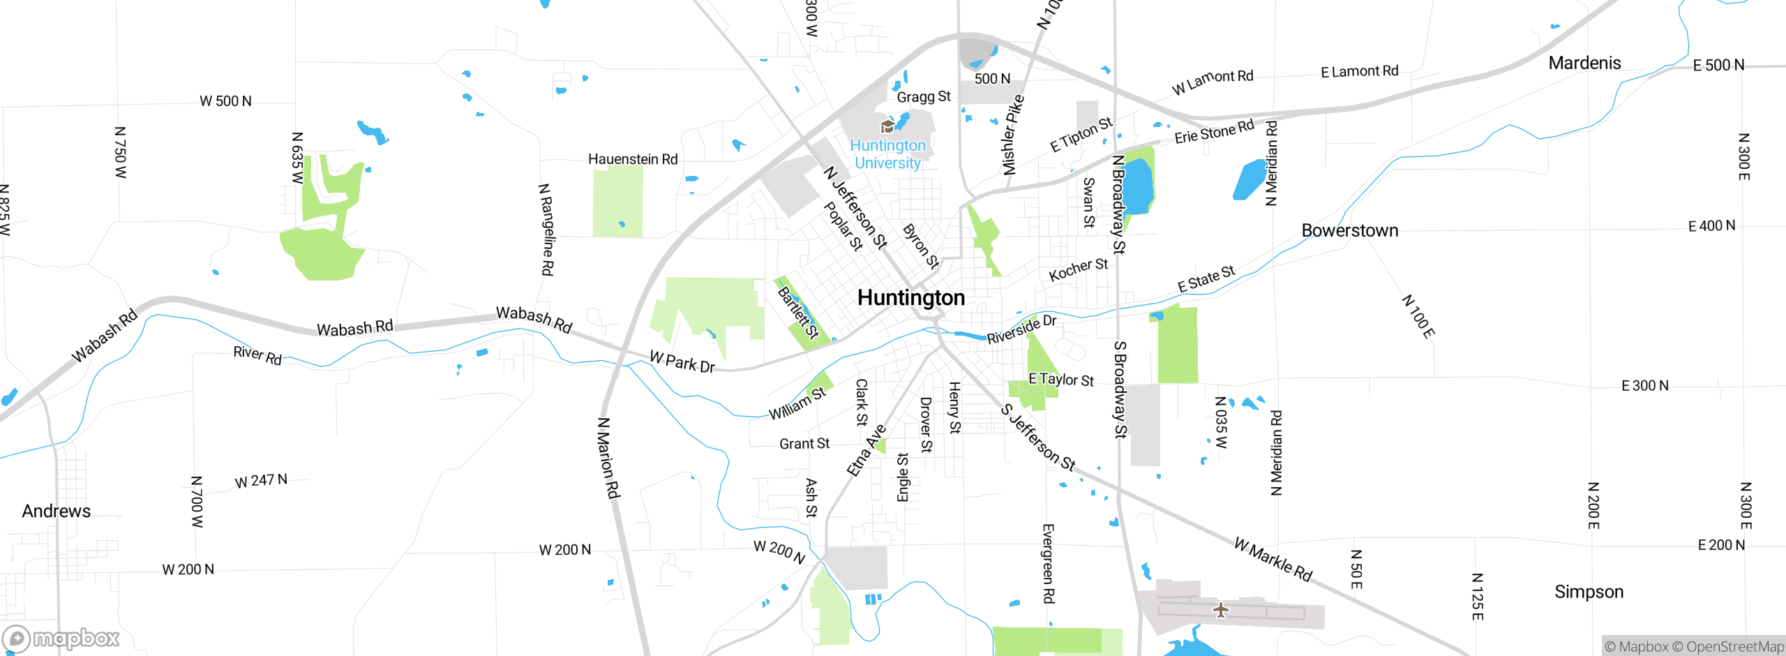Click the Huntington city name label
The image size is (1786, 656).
[910, 298]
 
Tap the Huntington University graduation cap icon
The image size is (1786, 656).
[887, 126]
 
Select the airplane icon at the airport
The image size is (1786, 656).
[1220, 610]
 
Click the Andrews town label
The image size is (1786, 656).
[56, 512]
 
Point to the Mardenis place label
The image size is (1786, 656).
[1584, 64]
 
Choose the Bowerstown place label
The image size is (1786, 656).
[1349, 231]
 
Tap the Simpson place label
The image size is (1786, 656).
[1589, 592]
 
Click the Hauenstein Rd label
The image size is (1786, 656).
[633, 159]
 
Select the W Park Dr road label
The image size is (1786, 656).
[682, 362]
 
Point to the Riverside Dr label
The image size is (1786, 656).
[1021, 329]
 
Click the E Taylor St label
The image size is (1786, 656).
[1060, 380]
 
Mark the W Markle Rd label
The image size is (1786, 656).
[1273, 559]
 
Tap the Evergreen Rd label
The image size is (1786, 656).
[1048, 563]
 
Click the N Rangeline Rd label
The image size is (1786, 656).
[547, 230]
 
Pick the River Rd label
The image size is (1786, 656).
[257, 355]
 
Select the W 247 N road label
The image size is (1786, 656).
[261, 481]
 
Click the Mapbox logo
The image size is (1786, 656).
[61, 638]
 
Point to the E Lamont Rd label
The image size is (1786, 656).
[1359, 71]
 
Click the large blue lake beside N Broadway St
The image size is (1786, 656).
[1137, 185]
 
